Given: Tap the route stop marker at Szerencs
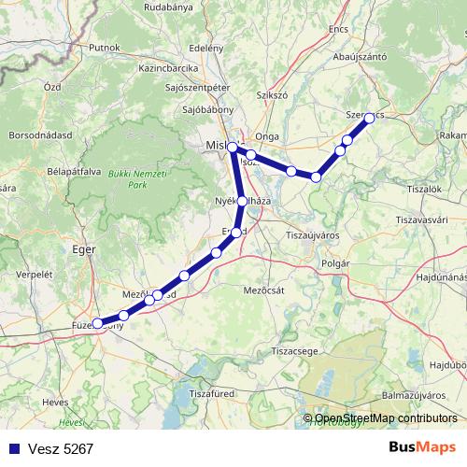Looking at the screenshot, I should point(369,118).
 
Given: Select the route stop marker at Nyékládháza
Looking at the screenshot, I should point(243,201).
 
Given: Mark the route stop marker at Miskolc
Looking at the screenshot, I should point(232,147).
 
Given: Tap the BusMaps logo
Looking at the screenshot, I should point(421,448).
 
